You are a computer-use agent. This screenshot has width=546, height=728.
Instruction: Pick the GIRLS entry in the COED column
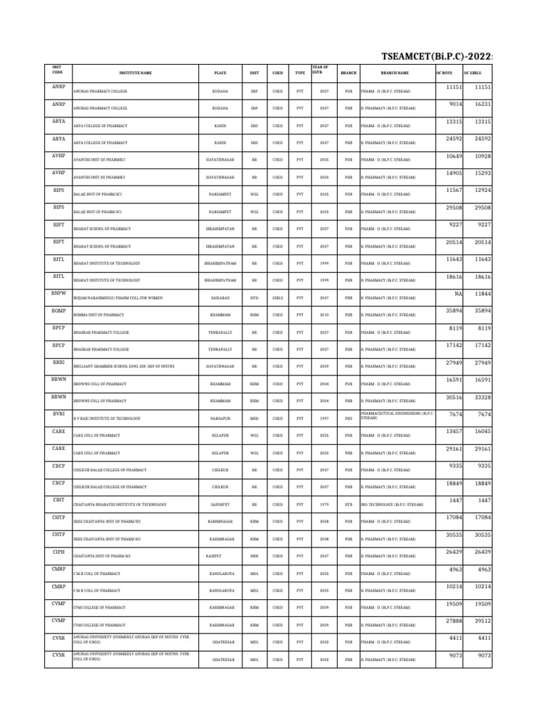point(277,298)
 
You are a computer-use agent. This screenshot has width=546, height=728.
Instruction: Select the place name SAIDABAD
point(220,298)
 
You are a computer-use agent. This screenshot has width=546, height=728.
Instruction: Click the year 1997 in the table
point(324,418)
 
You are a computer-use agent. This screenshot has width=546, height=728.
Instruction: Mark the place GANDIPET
point(220,504)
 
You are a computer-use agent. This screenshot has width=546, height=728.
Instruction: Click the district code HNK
point(255,555)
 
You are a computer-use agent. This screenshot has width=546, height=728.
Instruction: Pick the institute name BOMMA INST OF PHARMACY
point(99,315)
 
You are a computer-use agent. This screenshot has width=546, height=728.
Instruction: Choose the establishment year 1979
point(324,504)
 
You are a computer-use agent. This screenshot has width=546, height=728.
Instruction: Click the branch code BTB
point(348,504)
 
